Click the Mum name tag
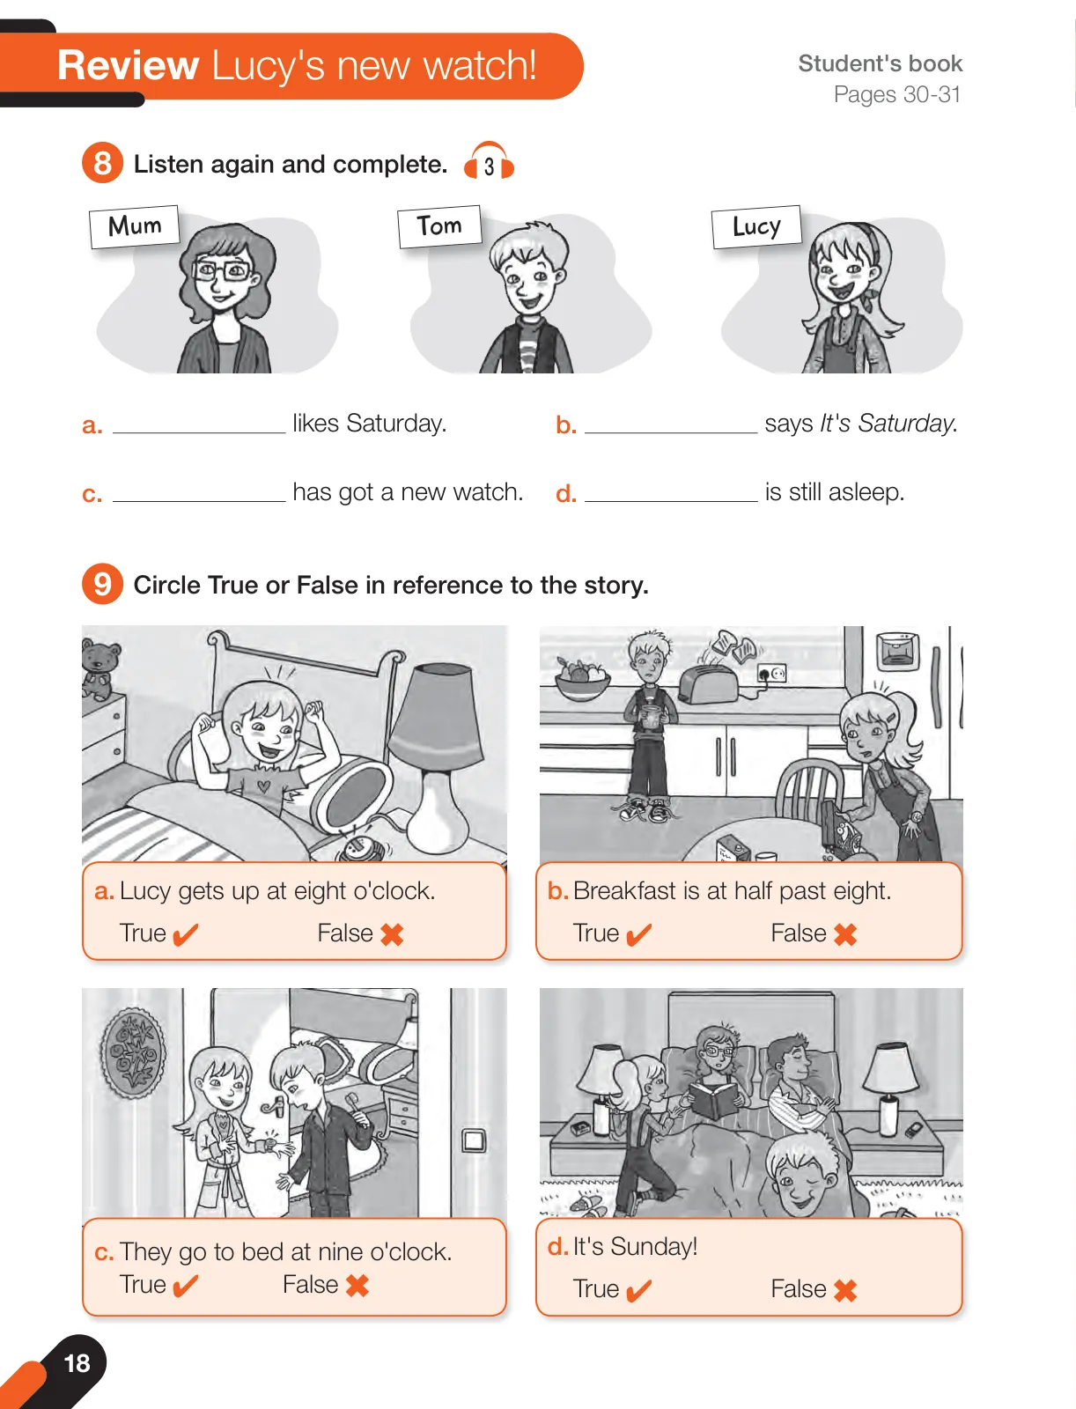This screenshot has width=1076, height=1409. click(x=134, y=226)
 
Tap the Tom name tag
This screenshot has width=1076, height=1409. click(x=439, y=226)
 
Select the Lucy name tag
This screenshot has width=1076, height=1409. click(x=756, y=226)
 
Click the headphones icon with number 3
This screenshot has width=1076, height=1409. click(x=489, y=161)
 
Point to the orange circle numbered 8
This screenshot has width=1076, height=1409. click(x=102, y=162)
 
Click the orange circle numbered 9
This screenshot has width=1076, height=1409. click(x=102, y=584)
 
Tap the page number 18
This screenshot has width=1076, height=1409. click(x=77, y=1362)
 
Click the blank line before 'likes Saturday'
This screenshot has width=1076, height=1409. click(x=199, y=432)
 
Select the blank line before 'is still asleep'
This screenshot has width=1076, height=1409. click(x=671, y=501)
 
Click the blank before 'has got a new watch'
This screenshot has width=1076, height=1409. click(x=199, y=501)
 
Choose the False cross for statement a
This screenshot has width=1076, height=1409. click(x=392, y=934)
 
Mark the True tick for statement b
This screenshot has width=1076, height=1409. click(x=638, y=934)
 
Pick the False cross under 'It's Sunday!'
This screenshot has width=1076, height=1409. click(x=845, y=1290)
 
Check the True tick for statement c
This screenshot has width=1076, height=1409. click(x=185, y=1286)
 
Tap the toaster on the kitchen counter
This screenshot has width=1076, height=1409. click(x=708, y=683)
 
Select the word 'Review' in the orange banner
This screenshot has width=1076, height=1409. click(x=128, y=65)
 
